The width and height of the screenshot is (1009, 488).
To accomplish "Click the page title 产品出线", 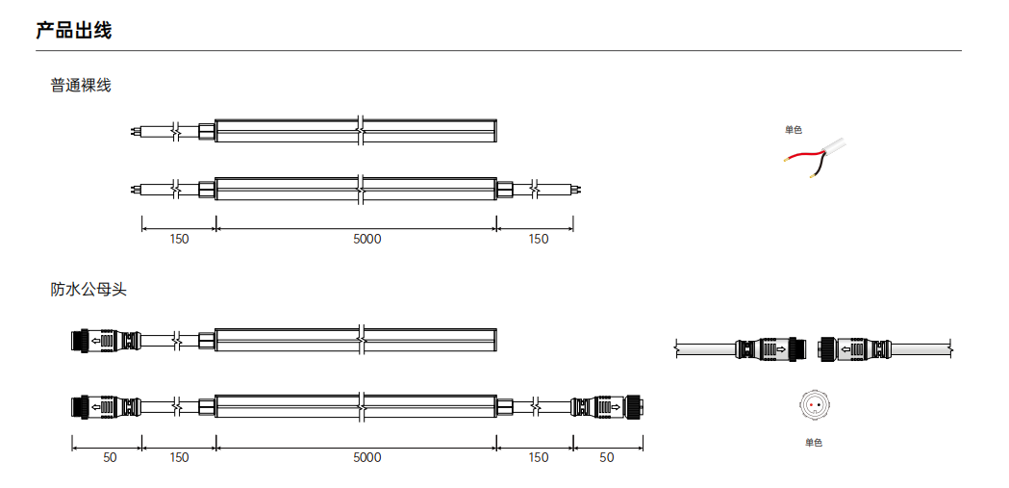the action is [73, 30].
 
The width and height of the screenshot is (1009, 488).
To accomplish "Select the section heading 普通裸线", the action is [81, 85].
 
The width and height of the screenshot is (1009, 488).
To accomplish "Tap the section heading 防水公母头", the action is [88, 290].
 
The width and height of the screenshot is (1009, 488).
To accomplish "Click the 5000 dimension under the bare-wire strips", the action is [366, 240].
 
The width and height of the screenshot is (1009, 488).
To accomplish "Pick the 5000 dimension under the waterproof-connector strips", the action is [366, 458].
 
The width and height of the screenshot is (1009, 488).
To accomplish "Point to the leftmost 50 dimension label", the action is [110, 458].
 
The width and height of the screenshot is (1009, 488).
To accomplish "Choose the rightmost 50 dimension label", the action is [607, 458].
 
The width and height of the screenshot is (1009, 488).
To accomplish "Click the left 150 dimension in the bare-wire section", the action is [180, 240].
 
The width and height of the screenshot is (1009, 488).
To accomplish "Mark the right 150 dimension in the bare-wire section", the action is [539, 240].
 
